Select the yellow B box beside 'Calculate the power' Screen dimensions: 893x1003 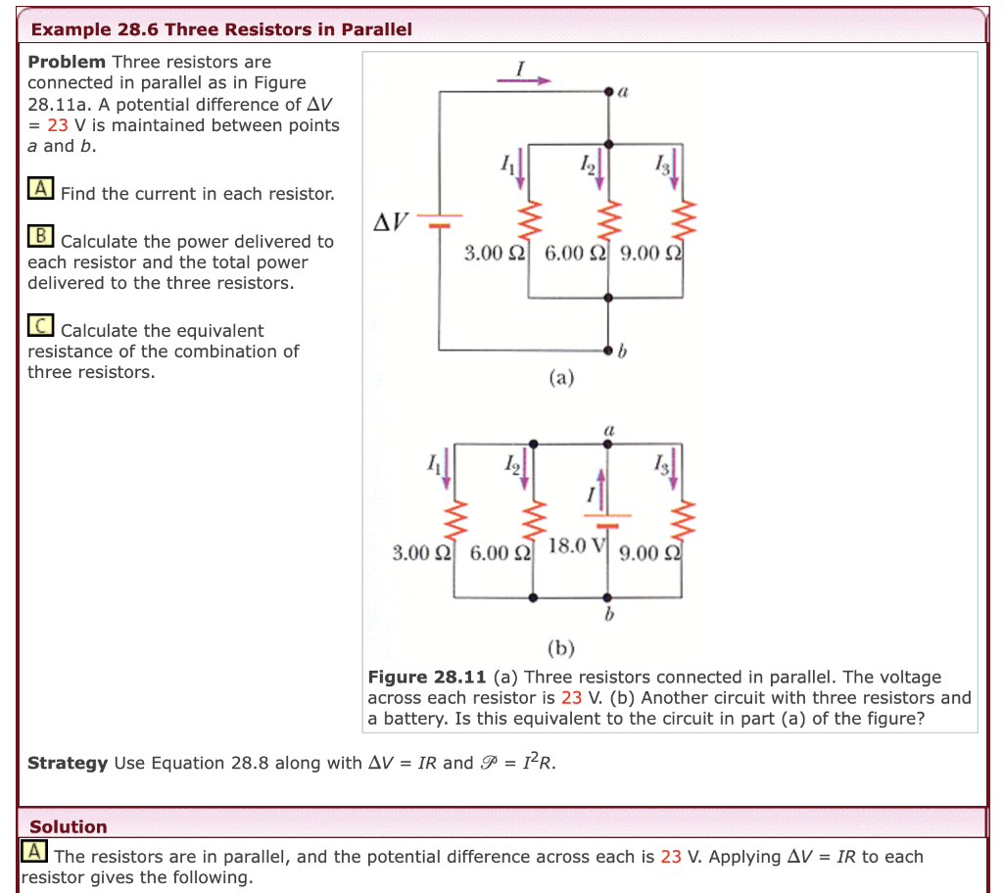(x=40, y=236)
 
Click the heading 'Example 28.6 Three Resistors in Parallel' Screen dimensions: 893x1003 (x=221, y=29)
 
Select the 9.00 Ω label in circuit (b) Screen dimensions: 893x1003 (x=650, y=553)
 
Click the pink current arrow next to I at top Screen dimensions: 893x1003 (x=524, y=81)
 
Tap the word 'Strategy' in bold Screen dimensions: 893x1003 (x=68, y=763)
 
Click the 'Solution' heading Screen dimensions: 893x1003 (x=69, y=826)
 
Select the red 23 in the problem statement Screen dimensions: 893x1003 (x=58, y=125)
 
